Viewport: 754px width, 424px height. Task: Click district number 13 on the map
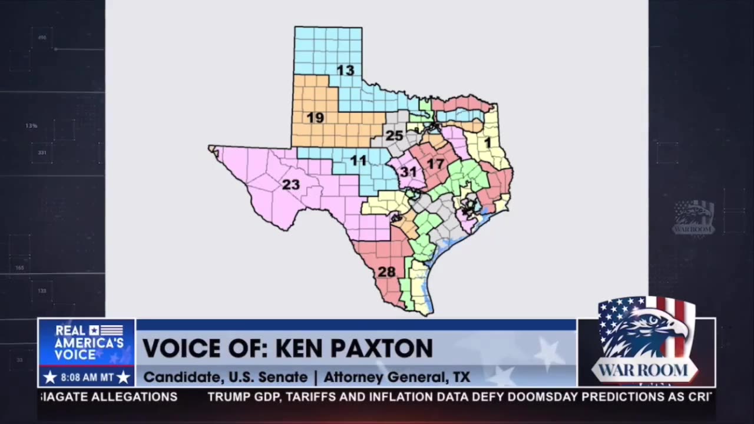pyautogui.click(x=345, y=71)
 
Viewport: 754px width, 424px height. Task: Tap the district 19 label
pyautogui.click(x=315, y=118)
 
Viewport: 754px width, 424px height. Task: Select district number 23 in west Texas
pyautogui.click(x=290, y=185)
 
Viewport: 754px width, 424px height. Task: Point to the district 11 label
pyautogui.click(x=358, y=160)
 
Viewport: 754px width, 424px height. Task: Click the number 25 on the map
pyautogui.click(x=394, y=136)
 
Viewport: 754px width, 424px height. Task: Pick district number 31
pyautogui.click(x=408, y=172)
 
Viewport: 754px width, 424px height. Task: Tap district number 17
pyautogui.click(x=435, y=164)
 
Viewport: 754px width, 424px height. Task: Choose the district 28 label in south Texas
pyautogui.click(x=386, y=272)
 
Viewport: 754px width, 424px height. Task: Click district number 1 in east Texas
pyautogui.click(x=487, y=143)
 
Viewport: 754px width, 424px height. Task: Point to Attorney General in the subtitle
pyautogui.click(x=383, y=377)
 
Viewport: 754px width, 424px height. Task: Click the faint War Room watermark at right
pyautogui.click(x=694, y=218)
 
